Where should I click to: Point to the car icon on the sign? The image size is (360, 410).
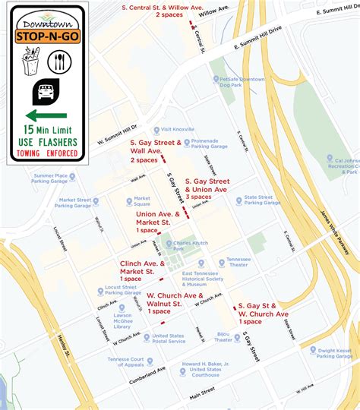pos(43,92)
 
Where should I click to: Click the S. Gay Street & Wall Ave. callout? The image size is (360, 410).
pos(155,150)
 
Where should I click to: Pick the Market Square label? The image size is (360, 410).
pos(141,201)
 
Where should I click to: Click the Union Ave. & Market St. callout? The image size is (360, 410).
pos(158,222)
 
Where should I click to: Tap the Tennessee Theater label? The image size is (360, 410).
pos(239,262)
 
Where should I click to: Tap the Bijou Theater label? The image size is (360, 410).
pos(223,337)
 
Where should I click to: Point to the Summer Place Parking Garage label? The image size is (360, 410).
pos(50,177)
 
